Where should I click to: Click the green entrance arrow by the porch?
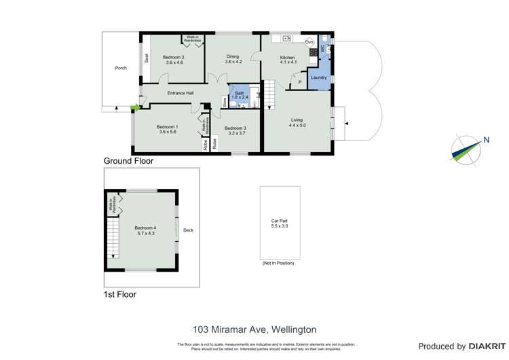[134, 107]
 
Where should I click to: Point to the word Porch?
[121, 68]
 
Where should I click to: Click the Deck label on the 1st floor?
[188, 230]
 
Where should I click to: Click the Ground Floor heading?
[128, 161]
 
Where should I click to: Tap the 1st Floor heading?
[119, 294]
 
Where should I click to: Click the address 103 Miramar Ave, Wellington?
[254, 329]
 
